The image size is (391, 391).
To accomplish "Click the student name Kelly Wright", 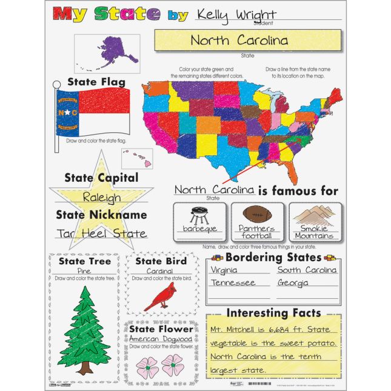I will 236,15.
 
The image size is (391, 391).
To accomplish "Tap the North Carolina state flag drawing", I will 93,112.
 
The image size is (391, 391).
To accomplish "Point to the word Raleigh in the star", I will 101,198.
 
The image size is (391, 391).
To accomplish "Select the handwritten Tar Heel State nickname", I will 101,233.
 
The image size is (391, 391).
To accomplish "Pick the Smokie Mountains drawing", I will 313,216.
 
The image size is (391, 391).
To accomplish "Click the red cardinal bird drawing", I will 162,296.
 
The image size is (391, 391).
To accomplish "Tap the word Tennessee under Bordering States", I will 233,283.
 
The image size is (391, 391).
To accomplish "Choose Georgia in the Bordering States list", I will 293,283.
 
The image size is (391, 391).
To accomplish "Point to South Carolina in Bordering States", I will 307,270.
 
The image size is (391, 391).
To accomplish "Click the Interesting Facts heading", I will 273,313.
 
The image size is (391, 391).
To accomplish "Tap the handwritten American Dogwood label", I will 161,339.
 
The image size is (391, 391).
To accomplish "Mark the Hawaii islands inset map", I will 137,158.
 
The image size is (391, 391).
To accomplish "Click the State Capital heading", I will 101,178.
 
